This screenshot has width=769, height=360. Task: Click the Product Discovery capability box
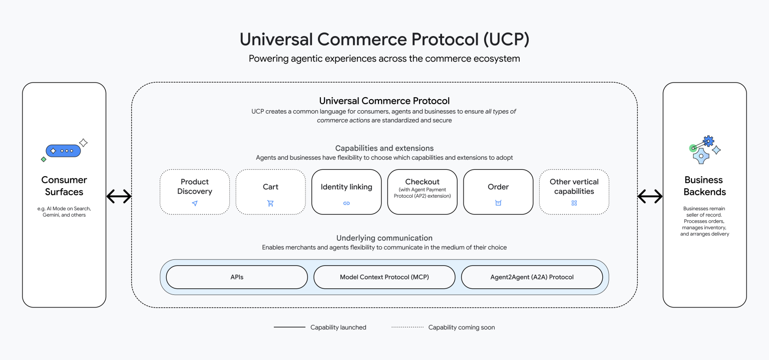(x=195, y=192)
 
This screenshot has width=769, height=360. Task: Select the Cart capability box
(x=270, y=192)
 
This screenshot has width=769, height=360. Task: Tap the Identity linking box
(x=346, y=192)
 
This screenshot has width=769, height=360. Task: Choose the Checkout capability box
(x=422, y=192)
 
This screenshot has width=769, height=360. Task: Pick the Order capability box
(x=498, y=192)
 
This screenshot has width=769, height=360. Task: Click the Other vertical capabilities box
(x=574, y=192)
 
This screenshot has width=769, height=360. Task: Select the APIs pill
(x=237, y=277)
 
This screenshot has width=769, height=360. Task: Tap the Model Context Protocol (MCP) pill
(x=384, y=277)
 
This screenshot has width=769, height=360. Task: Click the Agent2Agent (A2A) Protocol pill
(x=532, y=277)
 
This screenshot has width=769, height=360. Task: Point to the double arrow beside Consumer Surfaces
(x=119, y=197)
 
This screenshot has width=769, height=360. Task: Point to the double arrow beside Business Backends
(x=650, y=197)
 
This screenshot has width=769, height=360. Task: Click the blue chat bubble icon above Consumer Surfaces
(x=63, y=151)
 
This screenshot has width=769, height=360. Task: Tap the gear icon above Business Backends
(x=708, y=141)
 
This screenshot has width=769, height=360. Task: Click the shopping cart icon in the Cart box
(x=270, y=203)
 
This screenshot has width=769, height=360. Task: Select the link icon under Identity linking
(x=346, y=203)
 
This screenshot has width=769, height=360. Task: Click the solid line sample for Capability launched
(x=289, y=327)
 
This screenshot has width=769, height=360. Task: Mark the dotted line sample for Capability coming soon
(x=407, y=327)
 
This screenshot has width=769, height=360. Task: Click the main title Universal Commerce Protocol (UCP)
(x=384, y=40)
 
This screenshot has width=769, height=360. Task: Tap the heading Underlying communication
(x=384, y=238)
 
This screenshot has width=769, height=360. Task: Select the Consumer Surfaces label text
(x=64, y=186)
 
